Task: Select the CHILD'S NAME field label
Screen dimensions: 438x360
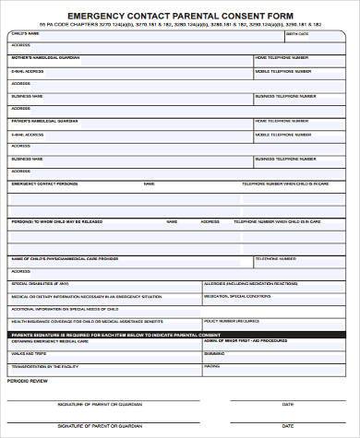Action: coord(26,33)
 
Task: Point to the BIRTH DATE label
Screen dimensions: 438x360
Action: coord(298,34)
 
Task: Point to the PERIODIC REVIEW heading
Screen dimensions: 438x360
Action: coord(27,379)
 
